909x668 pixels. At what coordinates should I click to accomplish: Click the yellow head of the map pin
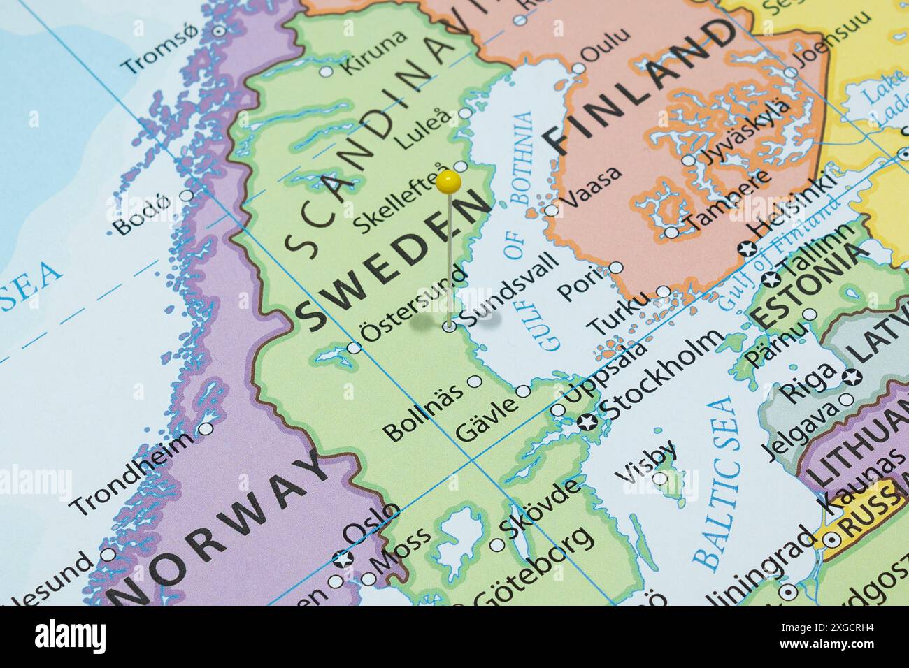pos(448,183)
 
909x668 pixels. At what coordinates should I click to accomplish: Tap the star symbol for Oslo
pos(342,558)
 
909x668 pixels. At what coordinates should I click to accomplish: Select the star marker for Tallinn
pos(772,279)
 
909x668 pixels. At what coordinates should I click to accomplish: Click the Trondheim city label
pos(133,473)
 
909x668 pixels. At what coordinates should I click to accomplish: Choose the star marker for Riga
pos(852,377)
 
